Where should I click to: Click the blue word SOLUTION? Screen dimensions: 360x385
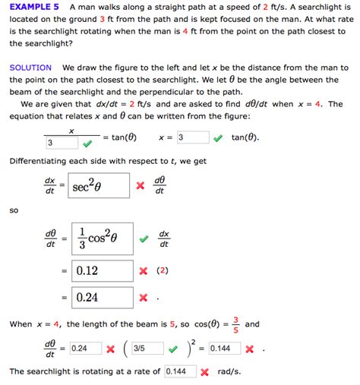click(x=30, y=68)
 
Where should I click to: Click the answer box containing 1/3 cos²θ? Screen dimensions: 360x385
click(x=100, y=238)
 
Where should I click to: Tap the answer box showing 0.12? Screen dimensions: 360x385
click(x=100, y=270)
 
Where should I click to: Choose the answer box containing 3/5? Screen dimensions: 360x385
click(x=147, y=349)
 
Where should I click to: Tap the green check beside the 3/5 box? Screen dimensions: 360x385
click(x=173, y=349)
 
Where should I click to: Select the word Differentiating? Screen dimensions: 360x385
click(x=39, y=161)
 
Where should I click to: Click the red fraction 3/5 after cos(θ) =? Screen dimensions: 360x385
click(x=236, y=324)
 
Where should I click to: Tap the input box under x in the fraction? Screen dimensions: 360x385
click(x=60, y=142)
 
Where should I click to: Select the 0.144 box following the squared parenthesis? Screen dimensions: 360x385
click(x=224, y=349)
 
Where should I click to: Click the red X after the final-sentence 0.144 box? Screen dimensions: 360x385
click(x=205, y=372)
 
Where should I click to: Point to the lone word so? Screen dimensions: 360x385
click(x=14, y=210)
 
